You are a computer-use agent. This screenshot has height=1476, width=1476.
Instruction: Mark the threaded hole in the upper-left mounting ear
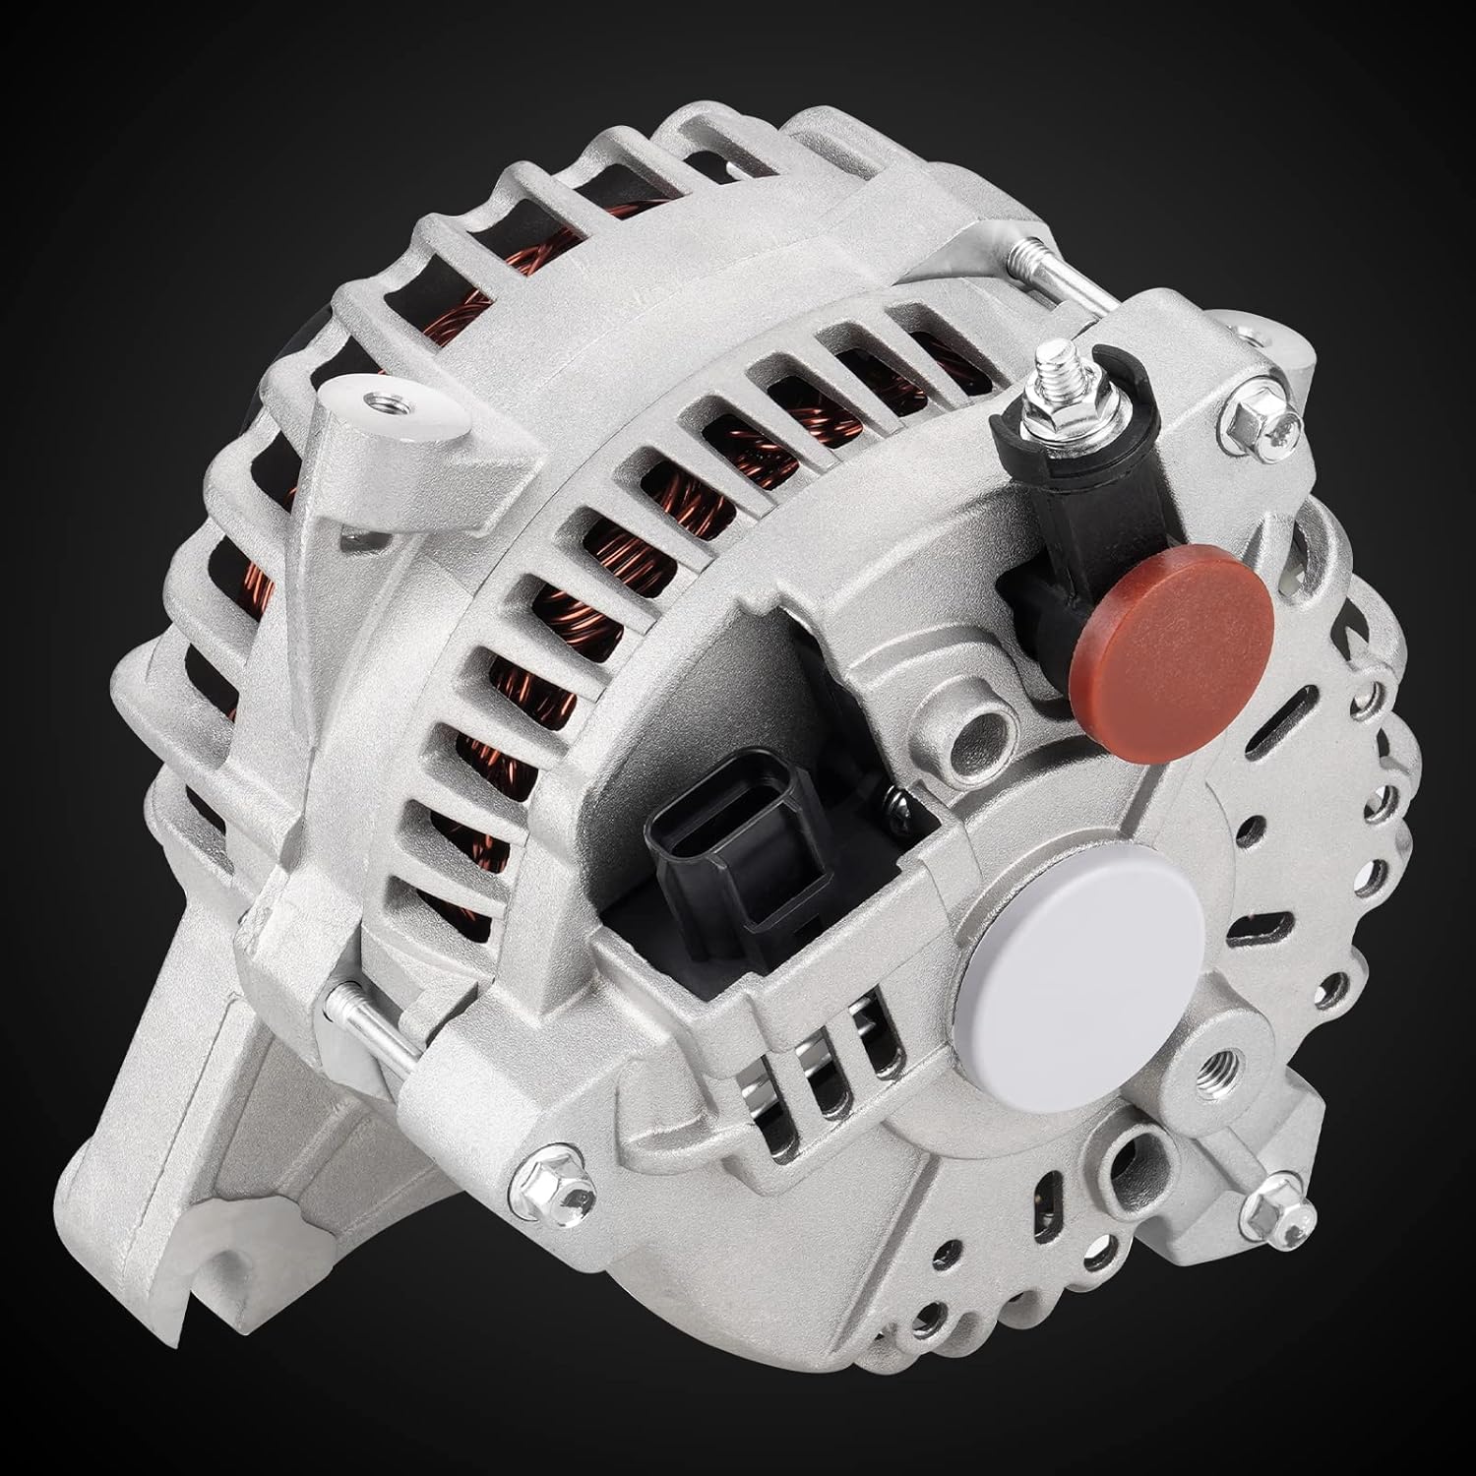pos(371,400)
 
